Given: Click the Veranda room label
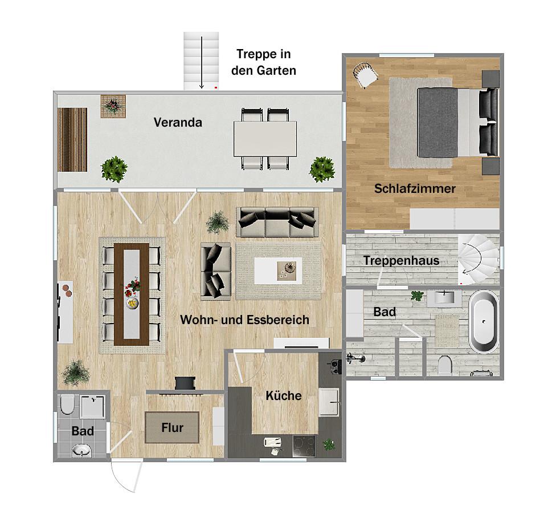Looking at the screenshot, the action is [x=178, y=122].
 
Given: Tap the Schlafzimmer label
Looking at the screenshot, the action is [x=415, y=188].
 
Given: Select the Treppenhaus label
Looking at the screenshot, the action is [x=402, y=261].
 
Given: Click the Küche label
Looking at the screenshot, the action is [x=283, y=395].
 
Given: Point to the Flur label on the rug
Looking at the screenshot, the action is [x=172, y=427].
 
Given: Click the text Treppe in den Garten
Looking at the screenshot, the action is [x=263, y=62].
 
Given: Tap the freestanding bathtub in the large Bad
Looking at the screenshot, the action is [x=484, y=321].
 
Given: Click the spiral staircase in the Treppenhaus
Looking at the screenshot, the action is [x=479, y=260].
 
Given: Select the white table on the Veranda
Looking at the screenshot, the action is [x=265, y=139].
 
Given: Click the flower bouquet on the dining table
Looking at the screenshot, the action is [x=132, y=286].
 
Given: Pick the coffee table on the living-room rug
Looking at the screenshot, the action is [x=278, y=270].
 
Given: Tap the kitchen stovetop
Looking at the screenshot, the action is [x=304, y=446].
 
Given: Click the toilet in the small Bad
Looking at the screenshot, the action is [x=67, y=405].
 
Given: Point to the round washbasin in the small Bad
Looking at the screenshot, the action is [x=81, y=450].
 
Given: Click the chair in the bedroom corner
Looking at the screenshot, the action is [x=365, y=74].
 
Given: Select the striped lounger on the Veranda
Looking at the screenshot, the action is [x=72, y=140].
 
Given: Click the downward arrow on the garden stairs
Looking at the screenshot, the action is [x=201, y=62].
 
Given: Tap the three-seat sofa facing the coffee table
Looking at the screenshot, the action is [x=277, y=222].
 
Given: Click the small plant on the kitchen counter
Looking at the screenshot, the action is [x=329, y=445].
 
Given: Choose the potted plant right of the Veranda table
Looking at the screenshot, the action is [x=322, y=169].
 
